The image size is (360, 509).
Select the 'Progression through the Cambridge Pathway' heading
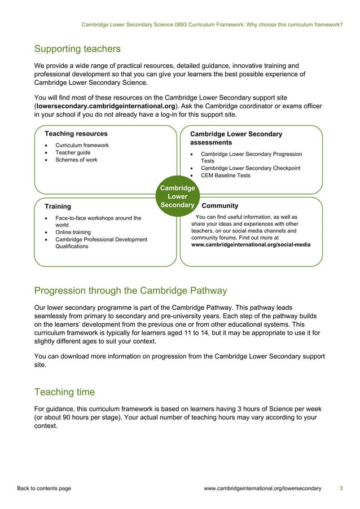[x=130, y=291]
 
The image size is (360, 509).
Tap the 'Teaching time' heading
[x=64, y=392]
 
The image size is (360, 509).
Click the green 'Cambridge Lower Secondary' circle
[x=178, y=196]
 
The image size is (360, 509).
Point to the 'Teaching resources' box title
[x=76, y=134]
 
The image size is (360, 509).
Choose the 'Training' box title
[x=58, y=207]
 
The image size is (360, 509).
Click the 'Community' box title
[x=219, y=206]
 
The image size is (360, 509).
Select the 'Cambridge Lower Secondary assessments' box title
[x=236, y=138]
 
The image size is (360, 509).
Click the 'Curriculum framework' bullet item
[x=82, y=146]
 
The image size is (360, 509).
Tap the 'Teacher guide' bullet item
[x=72, y=153]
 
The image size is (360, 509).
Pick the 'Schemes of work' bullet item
[x=76, y=160]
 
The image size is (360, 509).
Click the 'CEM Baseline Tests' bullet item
[x=226, y=175]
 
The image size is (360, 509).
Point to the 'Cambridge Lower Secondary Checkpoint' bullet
[x=251, y=168]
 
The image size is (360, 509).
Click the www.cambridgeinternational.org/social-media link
[x=251, y=245]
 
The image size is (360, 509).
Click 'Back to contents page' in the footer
[x=44, y=488]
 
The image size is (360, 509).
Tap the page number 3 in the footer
[x=341, y=488]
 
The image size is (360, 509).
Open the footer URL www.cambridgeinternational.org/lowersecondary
[x=262, y=488]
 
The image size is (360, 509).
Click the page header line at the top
[x=212, y=25]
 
